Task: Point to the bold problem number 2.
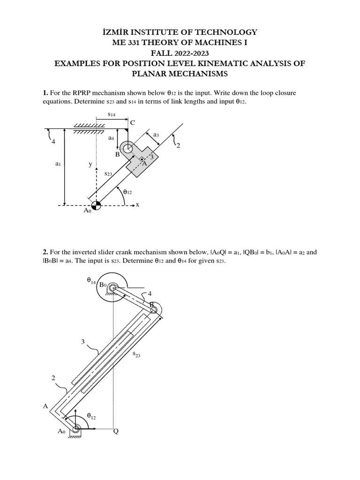click(x=45, y=252)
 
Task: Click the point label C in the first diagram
click(x=132, y=123)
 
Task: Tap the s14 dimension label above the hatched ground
click(x=112, y=114)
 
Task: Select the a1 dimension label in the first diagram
click(x=58, y=164)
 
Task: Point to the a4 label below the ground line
click(x=111, y=138)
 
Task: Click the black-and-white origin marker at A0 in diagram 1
click(x=96, y=205)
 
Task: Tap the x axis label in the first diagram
click(x=137, y=205)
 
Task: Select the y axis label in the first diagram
click(x=90, y=165)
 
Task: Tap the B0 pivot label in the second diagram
click(x=103, y=285)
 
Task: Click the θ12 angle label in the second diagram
click(x=92, y=415)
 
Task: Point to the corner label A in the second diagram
click(x=45, y=406)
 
